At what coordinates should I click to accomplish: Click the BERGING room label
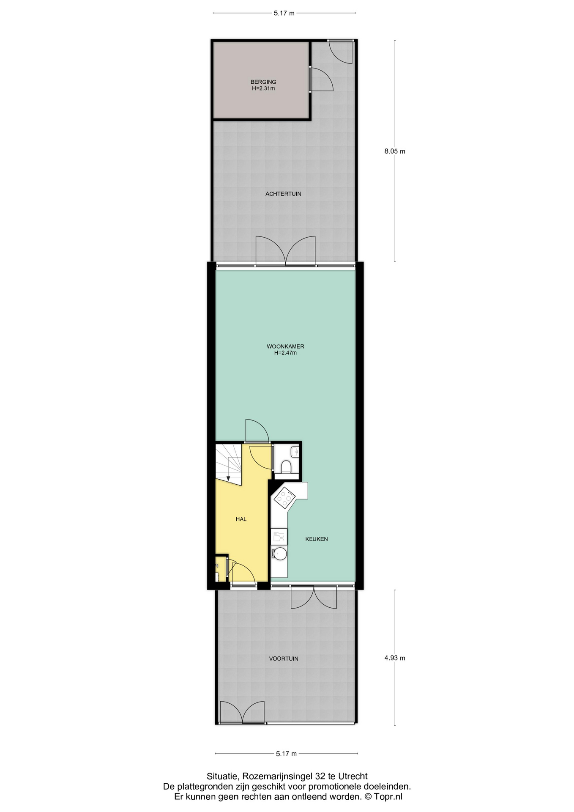click(x=263, y=82)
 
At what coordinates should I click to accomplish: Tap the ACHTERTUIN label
click(x=283, y=194)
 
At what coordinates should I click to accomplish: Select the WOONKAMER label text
click(x=285, y=346)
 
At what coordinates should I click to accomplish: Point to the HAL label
click(x=241, y=519)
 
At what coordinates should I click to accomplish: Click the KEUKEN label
click(x=317, y=539)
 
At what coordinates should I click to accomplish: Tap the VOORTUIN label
click(x=284, y=658)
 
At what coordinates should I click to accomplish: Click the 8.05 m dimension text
click(x=395, y=151)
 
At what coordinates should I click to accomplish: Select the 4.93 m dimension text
click(x=395, y=658)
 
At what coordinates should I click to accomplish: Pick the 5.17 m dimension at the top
click(x=284, y=13)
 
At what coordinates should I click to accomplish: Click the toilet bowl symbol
click(x=286, y=466)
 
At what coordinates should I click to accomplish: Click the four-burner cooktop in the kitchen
click(x=284, y=498)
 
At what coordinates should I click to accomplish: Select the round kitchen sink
click(x=279, y=554)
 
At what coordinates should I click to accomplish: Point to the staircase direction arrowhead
click(x=228, y=478)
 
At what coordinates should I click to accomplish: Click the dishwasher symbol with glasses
click(x=279, y=537)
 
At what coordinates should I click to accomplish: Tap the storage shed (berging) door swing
click(x=322, y=80)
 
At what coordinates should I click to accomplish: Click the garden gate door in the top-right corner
click(x=341, y=52)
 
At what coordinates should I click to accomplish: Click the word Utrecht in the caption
click(x=354, y=776)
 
